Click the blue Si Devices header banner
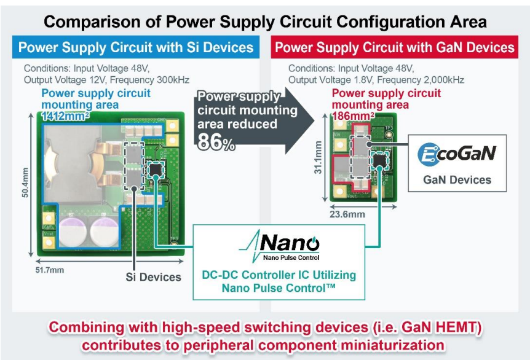click(136, 48)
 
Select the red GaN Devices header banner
click(394, 48)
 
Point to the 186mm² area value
click(353, 115)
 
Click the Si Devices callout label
click(154, 277)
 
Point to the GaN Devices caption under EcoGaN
click(457, 180)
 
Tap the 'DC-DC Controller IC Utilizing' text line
click(279, 275)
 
